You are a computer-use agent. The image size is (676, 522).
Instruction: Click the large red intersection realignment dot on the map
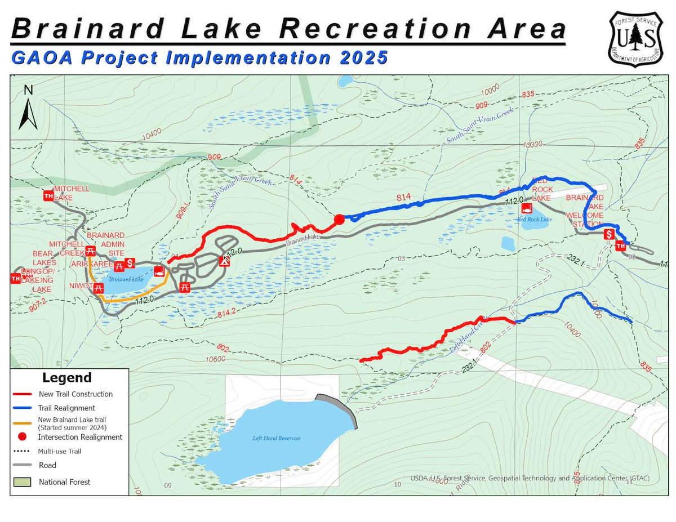tap(339, 220)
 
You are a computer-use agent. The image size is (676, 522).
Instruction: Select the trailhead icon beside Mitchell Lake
tap(48, 196)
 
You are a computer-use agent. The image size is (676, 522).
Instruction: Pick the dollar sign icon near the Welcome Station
tap(608, 234)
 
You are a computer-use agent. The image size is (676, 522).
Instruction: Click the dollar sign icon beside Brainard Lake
tap(130, 262)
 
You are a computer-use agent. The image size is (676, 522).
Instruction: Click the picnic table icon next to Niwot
tap(99, 288)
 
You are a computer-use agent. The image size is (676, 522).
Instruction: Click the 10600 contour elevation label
tap(216, 359)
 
